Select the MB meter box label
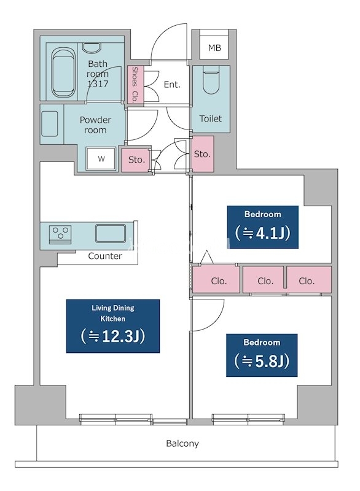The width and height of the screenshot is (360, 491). [x=214, y=48]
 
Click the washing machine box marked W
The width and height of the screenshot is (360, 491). [x=101, y=159]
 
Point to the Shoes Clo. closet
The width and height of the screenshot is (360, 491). [x=135, y=85]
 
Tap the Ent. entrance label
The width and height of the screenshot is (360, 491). [x=172, y=85]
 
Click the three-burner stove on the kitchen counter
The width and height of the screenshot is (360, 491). [x=60, y=234]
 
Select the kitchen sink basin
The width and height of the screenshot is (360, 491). [x=111, y=233]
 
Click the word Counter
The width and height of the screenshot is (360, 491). [x=105, y=256]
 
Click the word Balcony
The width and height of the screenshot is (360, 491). [x=182, y=444]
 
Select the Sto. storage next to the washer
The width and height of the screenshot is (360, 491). [x=136, y=160]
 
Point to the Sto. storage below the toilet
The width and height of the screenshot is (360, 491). [x=202, y=154]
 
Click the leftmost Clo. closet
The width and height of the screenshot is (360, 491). [x=216, y=280]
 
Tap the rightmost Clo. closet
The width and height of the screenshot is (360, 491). [x=309, y=280]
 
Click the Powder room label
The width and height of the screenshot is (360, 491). [x=95, y=125]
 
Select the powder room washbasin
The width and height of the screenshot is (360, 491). [x=50, y=124]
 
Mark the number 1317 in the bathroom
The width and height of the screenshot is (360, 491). [x=98, y=84]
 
